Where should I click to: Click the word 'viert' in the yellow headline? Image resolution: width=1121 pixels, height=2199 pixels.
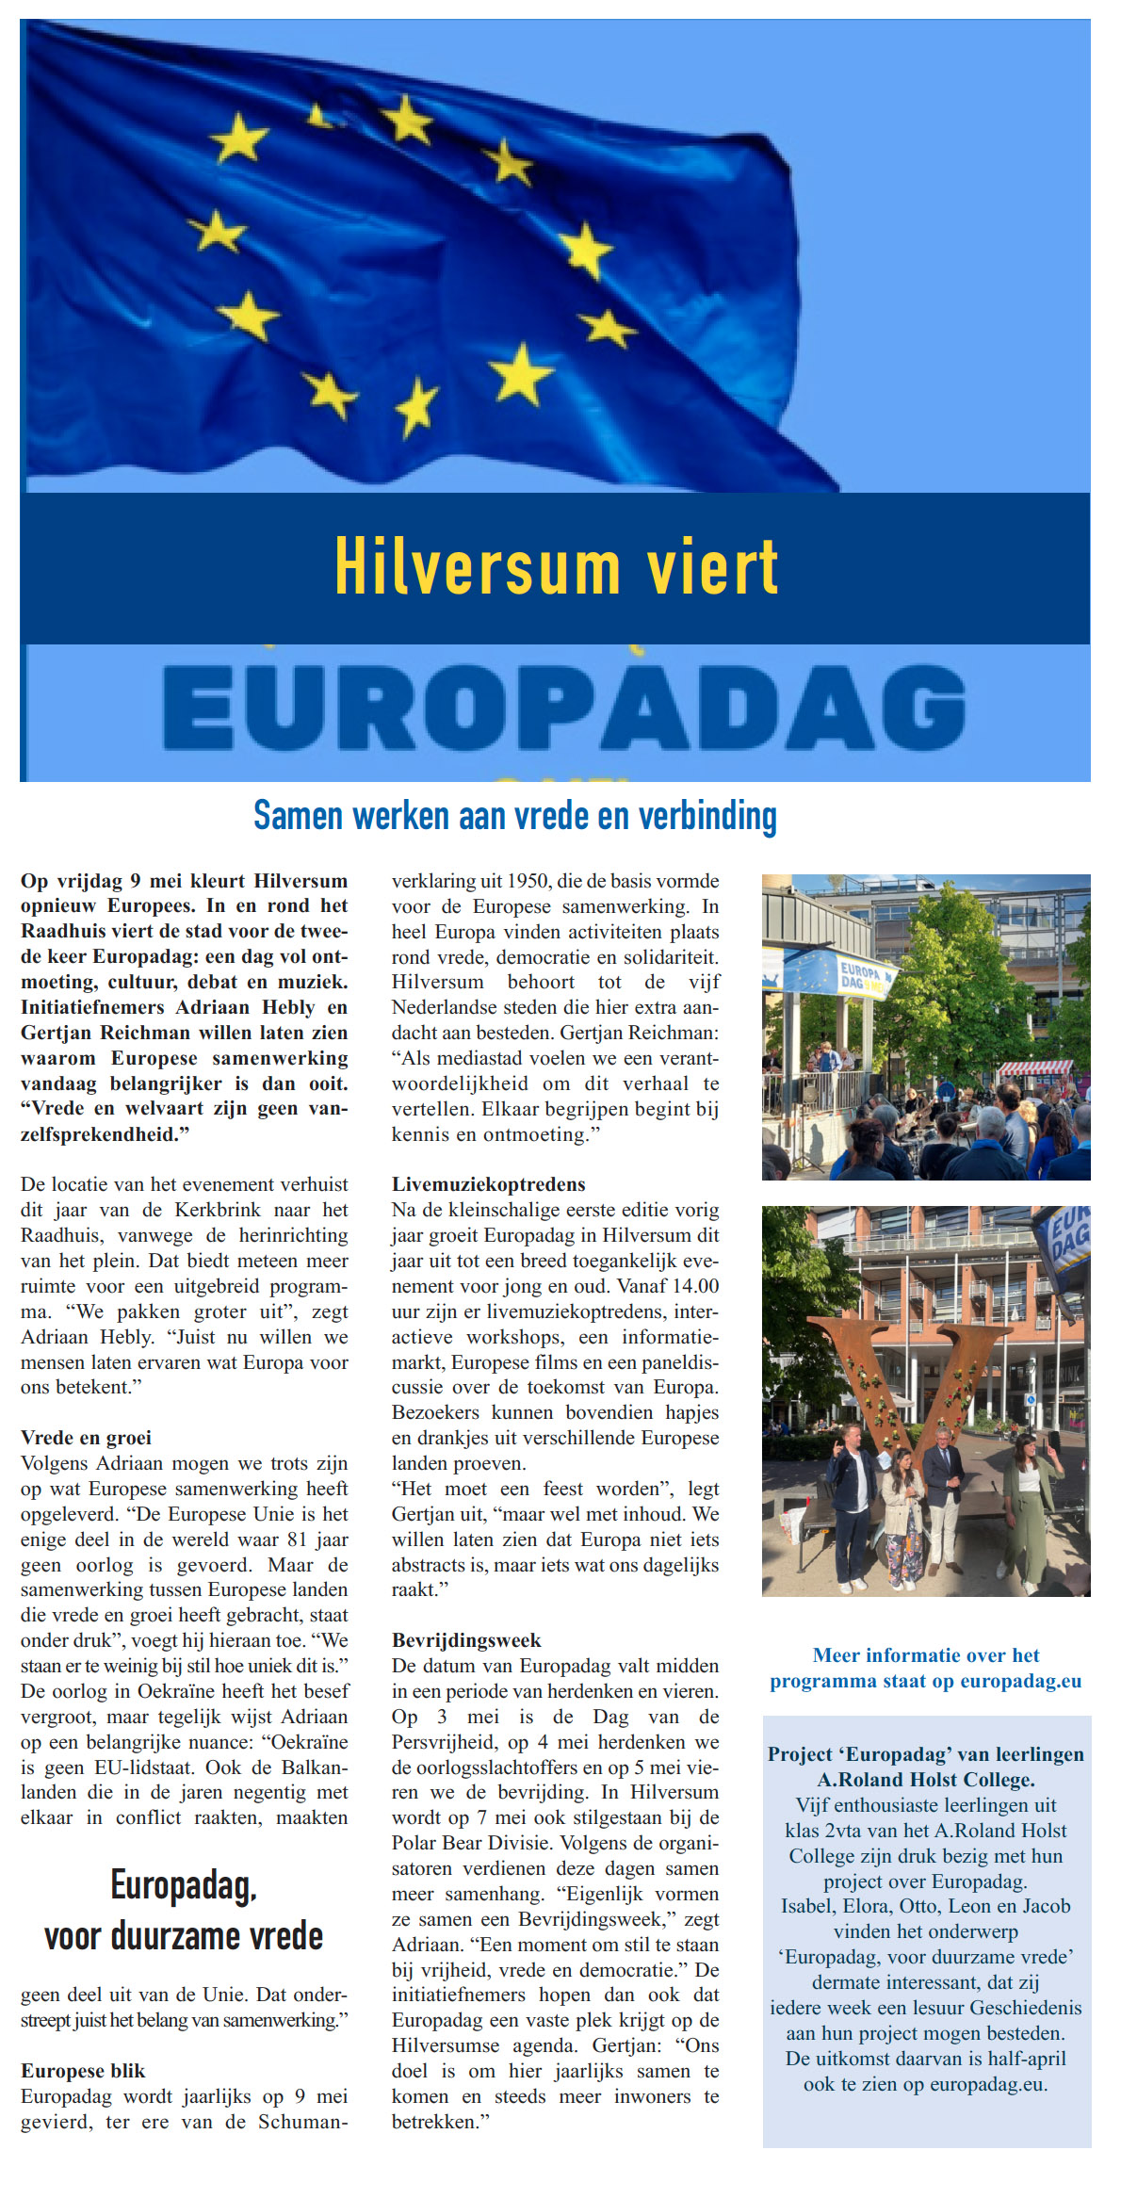coord(712,567)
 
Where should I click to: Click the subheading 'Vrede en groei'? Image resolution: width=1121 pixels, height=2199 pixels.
coord(86,1438)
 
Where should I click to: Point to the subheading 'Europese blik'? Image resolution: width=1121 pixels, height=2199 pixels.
coord(83,2071)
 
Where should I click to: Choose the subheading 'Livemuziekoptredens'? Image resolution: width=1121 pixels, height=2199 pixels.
coord(488,1184)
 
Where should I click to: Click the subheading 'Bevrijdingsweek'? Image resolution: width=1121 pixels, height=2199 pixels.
coord(466,1640)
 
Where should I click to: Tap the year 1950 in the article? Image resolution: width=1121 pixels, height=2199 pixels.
coord(528,881)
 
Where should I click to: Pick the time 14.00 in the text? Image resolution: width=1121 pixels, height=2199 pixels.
coord(695,1286)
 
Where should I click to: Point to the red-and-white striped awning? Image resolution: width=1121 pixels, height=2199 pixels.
coord(1034,1068)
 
